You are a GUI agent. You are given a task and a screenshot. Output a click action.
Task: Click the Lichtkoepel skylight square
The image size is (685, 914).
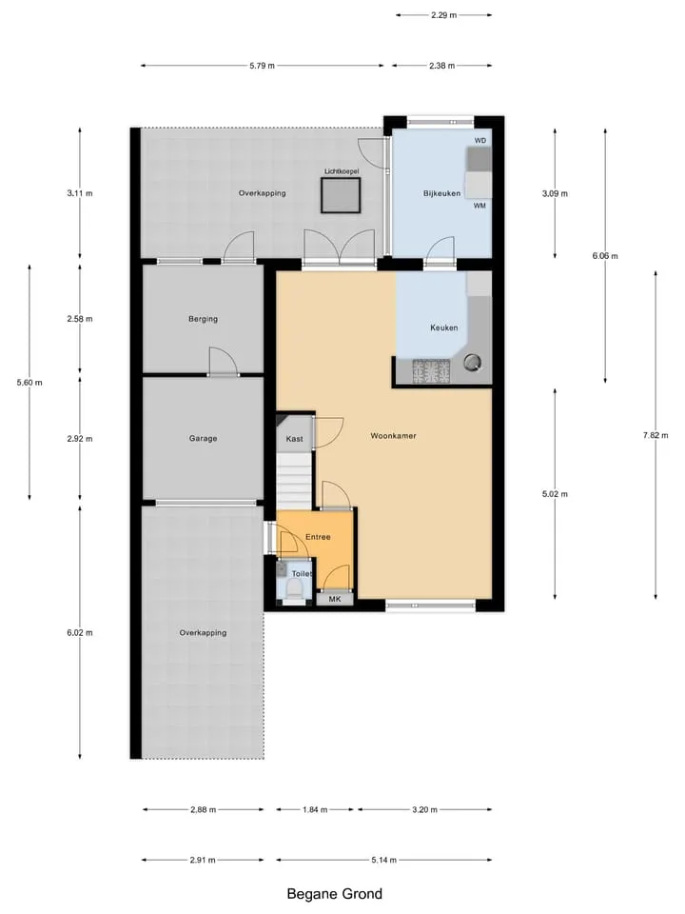click(x=341, y=195)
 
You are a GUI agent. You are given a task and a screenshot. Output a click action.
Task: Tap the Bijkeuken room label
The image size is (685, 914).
click(x=441, y=193)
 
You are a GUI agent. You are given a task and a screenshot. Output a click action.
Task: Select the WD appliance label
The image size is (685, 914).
click(x=479, y=141)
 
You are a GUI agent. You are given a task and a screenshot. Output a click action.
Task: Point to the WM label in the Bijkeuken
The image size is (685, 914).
click(x=479, y=206)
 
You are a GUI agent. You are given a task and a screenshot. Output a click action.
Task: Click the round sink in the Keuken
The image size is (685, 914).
click(x=472, y=363)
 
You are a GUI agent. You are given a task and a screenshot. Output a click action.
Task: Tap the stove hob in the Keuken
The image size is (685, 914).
click(x=432, y=371)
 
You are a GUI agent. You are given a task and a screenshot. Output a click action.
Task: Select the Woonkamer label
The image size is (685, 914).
click(x=393, y=435)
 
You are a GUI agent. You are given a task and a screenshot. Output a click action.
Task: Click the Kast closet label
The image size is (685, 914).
click(x=294, y=439)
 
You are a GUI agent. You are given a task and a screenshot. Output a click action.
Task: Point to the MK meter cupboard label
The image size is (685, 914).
click(x=335, y=599)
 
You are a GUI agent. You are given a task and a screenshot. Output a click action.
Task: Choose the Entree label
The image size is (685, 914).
click(x=318, y=537)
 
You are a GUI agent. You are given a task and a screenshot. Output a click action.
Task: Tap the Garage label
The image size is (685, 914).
click(x=203, y=438)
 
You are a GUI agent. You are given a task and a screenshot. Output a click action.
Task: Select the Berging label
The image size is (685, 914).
click(x=203, y=319)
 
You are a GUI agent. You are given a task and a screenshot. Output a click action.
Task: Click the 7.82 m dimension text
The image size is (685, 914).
click(x=656, y=435)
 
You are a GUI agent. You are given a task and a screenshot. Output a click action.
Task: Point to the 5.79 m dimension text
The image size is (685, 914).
click(x=263, y=66)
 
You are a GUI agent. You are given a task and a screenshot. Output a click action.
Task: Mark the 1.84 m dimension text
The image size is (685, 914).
click(x=315, y=809)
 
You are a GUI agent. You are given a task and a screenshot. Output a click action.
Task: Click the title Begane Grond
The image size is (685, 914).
click(x=335, y=894)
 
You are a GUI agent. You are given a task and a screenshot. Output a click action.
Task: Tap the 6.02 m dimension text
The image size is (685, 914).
click(x=80, y=632)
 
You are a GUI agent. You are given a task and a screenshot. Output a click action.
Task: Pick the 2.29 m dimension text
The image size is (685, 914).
click(x=444, y=15)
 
